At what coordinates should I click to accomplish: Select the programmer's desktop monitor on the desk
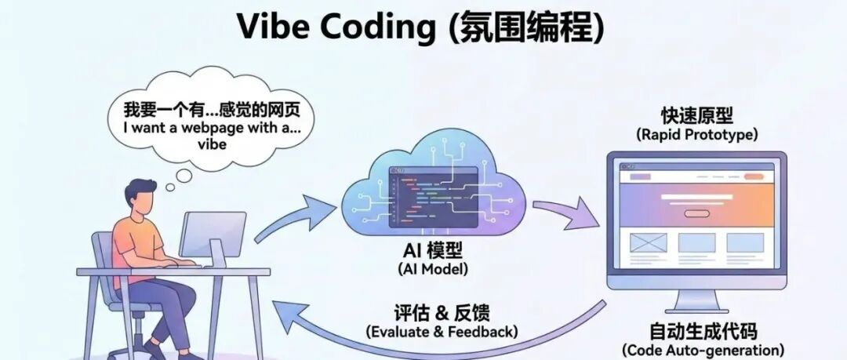coord(213,231)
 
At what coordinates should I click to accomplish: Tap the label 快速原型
coord(696,115)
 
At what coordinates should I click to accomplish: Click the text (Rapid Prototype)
coord(696,134)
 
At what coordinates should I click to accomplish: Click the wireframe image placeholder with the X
coord(648,242)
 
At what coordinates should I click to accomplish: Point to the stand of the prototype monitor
coord(696,300)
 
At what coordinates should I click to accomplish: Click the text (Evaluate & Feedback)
coord(442,332)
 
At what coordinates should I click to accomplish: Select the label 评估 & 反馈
coord(442,313)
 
